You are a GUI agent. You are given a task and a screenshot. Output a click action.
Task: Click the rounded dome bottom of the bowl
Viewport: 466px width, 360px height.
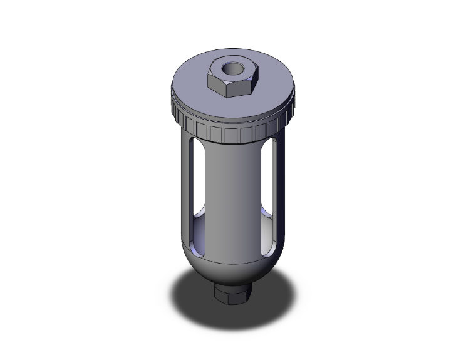233,272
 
